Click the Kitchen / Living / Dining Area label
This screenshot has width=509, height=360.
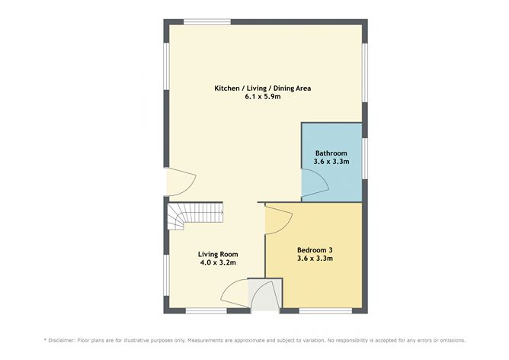[263, 88]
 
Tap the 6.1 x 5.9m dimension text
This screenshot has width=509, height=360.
[263, 98]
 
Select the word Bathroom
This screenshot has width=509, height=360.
[331, 153]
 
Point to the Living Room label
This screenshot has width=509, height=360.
[218, 253]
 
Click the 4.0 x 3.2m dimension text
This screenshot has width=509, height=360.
[218, 262]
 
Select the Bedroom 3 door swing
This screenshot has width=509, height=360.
[276, 220]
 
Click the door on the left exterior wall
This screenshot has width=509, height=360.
[181, 182]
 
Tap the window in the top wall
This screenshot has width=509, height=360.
[207, 21]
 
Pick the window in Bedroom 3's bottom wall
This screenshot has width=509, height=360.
[325, 310]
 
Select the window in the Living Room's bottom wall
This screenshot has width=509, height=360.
[206, 310]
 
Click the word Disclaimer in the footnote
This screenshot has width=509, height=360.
[69, 339]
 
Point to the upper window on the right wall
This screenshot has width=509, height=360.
[365, 72]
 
